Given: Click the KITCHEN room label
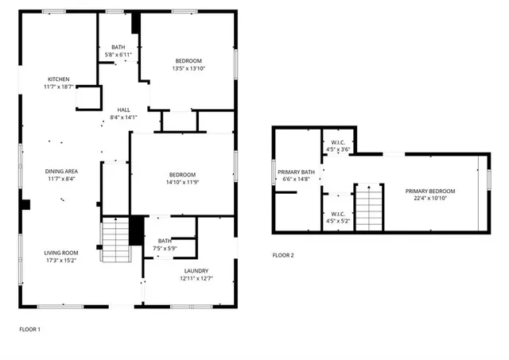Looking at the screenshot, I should [x=59, y=79].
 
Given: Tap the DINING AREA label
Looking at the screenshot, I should [x=60, y=171].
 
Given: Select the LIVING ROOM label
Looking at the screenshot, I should [x=60, y=253].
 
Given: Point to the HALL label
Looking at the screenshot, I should [x=123, y=110].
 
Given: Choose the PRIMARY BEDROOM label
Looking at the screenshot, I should [x=429, y=191].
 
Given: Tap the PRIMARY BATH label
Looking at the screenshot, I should [x=296, y=172].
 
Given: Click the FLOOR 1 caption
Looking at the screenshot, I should [x=29, y=329].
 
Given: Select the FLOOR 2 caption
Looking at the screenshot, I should [x=283, y=255].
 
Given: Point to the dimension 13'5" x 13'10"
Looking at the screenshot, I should [x=188, y=69].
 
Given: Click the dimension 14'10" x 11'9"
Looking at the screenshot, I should [x=182, y=183].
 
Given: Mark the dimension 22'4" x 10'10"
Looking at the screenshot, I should [x=429, y=199].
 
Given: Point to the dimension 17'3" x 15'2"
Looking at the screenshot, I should [x=60, y=260].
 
